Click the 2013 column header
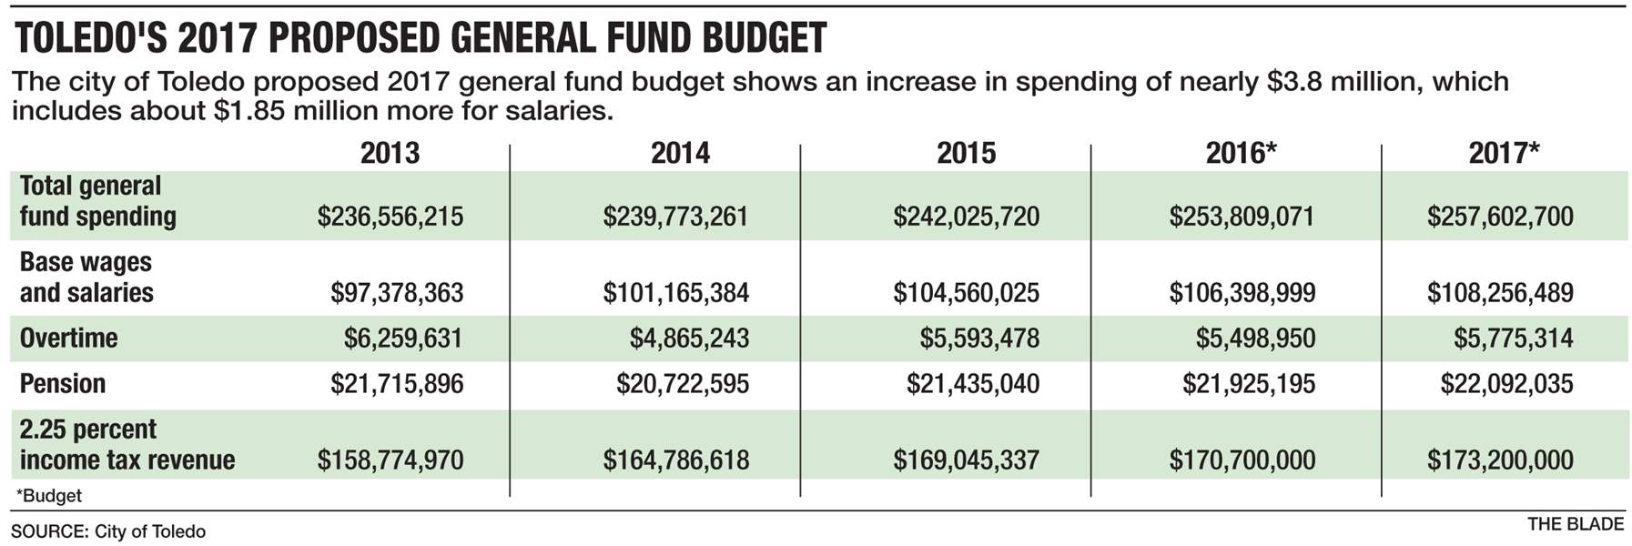coord(390,153)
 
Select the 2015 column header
coord(966,153)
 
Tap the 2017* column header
coord(1504,153)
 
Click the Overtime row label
coord(69,339)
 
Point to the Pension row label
coord(63,384)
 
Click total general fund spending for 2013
coord(390,217)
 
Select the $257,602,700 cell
coord(1500,217)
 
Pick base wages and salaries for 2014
coord(675,293)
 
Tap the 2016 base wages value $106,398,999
coord(1242,293)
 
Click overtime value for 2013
coord(403,339)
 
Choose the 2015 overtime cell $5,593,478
coord(979,339)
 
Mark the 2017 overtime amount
coord(1513,339)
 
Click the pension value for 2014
coord(683,384)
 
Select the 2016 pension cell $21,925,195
coord(1249,384)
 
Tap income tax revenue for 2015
coord(966,460)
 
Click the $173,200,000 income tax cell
coord(1500,460)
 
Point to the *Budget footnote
coord(49,496)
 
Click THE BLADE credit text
coord(1576,524)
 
